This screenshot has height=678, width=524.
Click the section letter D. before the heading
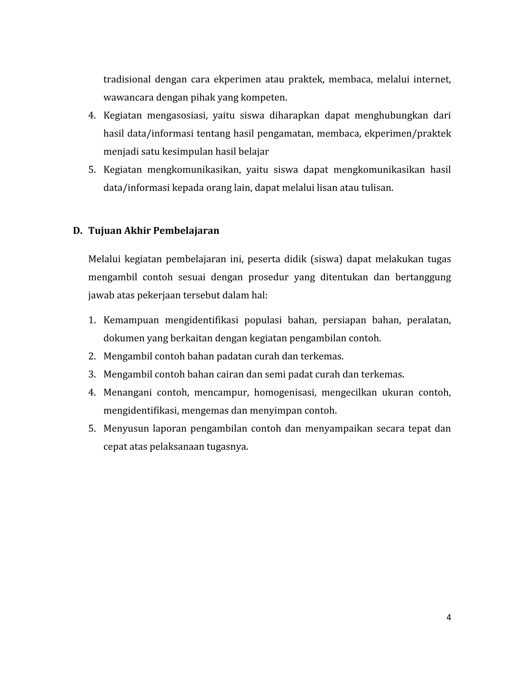tap(77, 231)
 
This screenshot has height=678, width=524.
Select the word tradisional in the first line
tap(126, 80)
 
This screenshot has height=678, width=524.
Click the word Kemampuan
tap(131, 320)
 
